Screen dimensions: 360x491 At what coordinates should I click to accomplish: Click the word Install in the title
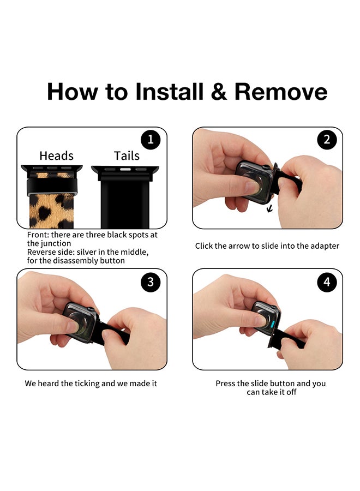tap(170, 92)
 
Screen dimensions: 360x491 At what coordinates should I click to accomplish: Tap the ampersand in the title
tap(219, 92)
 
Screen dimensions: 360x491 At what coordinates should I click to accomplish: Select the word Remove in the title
tap(281, 92)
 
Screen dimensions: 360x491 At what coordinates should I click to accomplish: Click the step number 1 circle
tap(151, 139)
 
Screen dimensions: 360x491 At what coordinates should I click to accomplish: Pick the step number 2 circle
tap(327, 139)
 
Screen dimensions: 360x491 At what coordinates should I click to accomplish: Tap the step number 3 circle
tap(151, 282)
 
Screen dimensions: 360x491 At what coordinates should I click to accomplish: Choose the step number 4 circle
tap(327, 282)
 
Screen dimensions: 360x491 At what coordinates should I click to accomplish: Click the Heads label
tap(56, 155)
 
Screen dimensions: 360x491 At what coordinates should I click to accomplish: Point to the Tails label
tap(127, 155)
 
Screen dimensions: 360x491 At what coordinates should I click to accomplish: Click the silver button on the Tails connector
tap(125, 170)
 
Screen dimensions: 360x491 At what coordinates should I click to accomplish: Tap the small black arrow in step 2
tap(269, 208)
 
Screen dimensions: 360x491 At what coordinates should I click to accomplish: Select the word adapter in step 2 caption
tap(325, 246)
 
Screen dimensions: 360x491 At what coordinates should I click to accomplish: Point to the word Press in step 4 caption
tap(225, 384)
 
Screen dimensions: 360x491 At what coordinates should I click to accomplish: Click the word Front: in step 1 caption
tap(38, 235)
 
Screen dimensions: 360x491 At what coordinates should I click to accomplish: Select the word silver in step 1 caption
tap(87, 252)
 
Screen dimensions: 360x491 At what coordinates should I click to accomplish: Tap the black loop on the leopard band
tap(52, 187)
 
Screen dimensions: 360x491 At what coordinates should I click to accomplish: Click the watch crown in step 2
tap(267, 167)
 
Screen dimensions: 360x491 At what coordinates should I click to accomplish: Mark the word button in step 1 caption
tap(112, 261)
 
